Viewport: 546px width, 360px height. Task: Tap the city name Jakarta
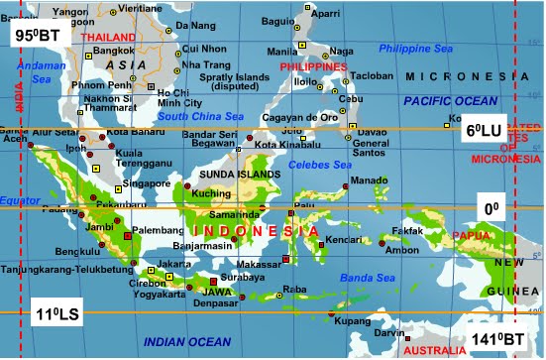pyautogui.click(x=174, y=263)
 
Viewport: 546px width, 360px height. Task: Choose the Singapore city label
pyautogui.click(x=146, y=183)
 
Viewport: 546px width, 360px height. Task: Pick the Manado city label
pyautogui.click(x=370, y=180)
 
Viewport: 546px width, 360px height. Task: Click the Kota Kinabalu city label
pyautogui.click(x=284, y=145)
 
